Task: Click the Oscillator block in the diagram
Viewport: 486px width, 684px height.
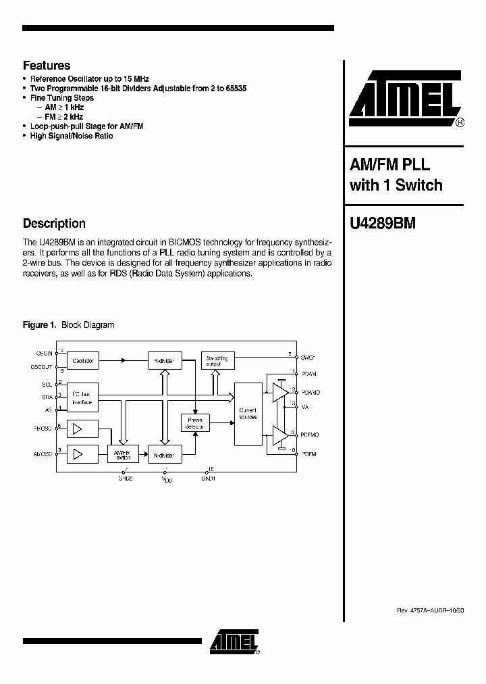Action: coord(83,361)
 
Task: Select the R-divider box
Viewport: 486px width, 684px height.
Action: coord(163,361)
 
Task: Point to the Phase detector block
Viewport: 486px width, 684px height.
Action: coord(196,423)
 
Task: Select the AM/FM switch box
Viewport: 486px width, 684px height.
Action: coord(122,454)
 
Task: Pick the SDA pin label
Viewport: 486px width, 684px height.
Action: coord(47,396)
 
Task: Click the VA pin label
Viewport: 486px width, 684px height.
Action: coord(305,408)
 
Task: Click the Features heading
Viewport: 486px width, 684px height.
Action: coord(47,66)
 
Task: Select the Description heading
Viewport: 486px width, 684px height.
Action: coord(54,224)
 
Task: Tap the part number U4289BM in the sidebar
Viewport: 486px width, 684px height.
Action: coord(382,224)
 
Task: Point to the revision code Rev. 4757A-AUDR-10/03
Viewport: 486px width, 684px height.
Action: coord(430,610)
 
